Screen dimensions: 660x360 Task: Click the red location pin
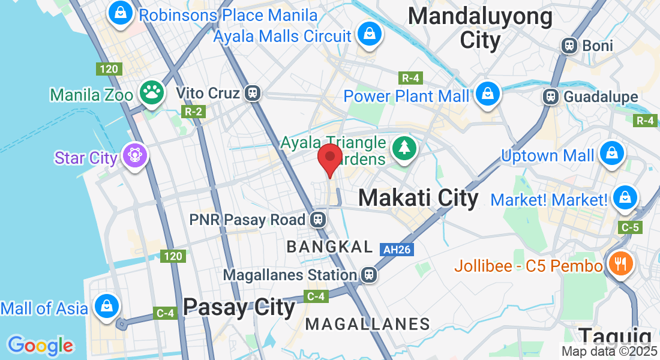pyautogui.click(x=329, y=157)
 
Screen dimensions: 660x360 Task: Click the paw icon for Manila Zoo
pyautogui.click(x=151, y=93)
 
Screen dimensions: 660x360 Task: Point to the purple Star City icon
pyautogui.click(x=134, y=156)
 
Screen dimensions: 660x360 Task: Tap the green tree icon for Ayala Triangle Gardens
pyautogui.click(x=404, y=148)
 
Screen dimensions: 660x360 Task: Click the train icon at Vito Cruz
pyautogui.click(x=253, y=93)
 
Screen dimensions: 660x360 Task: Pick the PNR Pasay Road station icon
pyautogui.click(x=318, y=220)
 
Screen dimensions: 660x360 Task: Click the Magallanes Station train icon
pyautogui.click(x=369, y=275)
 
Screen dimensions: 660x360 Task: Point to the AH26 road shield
pyautogui.click(x=397, y=249)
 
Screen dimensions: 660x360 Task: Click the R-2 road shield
pyautogui.click(x=193, y=111)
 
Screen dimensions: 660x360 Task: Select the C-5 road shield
pyautogui.click(x=631, y=227)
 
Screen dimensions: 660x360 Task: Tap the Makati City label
pyautogui.click(x=418, y=198)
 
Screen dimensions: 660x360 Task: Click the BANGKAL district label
pyautogui.click(x=329, y=247)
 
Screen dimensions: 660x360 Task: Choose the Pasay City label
pyautogui.click(x=239, y=307)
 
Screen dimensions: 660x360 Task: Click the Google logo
pyautogui.click(x=40, y=346)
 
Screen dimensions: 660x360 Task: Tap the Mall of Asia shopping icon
pyautogui.click(x=106, y=304)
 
